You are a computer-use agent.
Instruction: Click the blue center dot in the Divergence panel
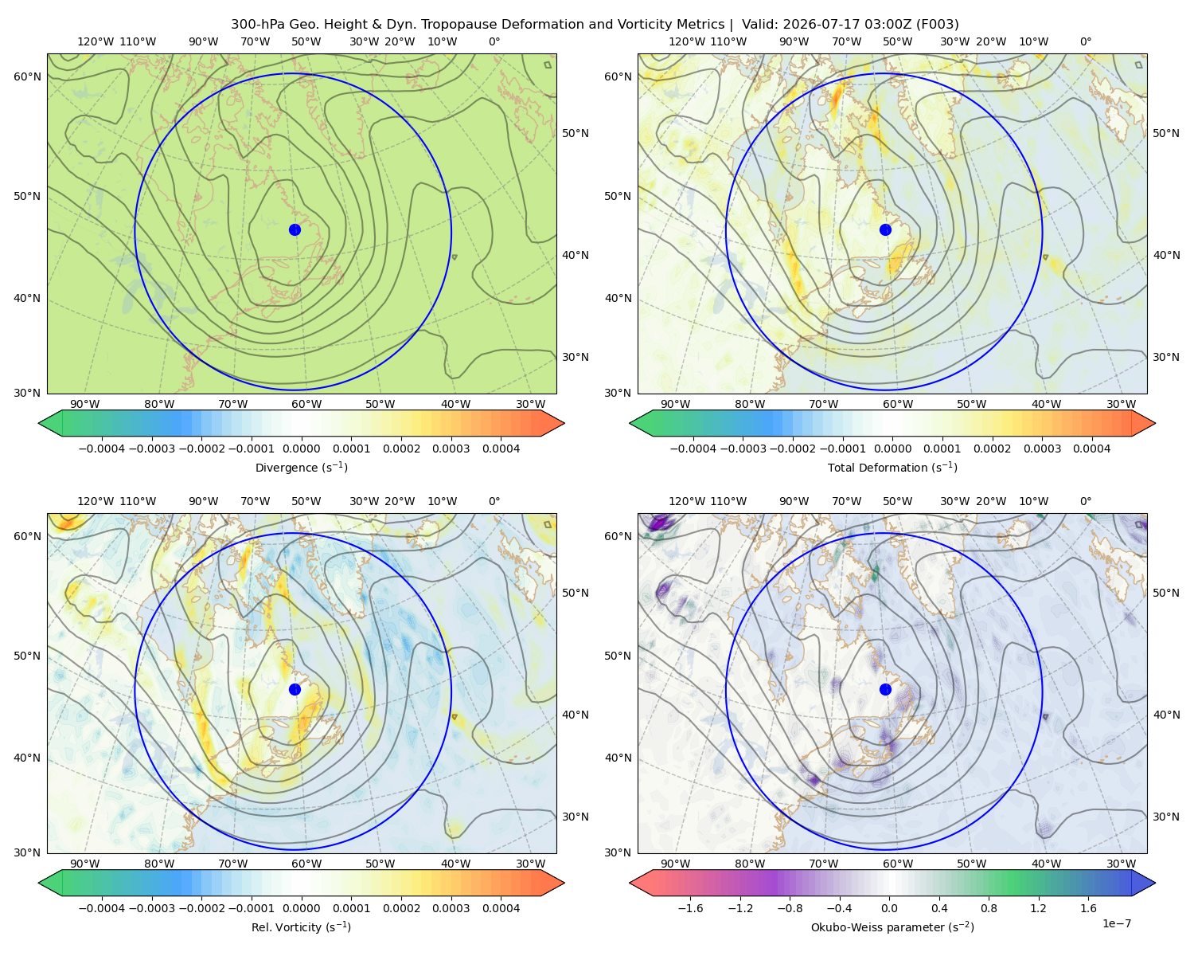[295, 229]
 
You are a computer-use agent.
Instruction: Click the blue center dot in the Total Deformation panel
[885, 229]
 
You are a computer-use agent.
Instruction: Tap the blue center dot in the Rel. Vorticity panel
[295, 689]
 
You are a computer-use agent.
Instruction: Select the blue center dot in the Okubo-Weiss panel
[885, 689]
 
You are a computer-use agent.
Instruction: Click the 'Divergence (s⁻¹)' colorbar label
[301, 467]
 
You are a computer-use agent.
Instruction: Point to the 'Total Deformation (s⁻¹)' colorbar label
[892, 467]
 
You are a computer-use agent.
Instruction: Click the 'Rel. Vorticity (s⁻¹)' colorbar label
[301, 927]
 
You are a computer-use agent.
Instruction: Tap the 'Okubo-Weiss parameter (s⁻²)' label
[892, 927]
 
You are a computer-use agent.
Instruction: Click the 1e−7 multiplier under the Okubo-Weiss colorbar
[1116, 923]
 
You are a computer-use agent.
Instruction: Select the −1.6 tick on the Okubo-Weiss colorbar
[690, 907]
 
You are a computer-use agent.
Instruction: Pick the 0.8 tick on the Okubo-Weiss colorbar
[989, 907]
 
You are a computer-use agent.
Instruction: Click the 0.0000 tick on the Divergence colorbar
[301, 449]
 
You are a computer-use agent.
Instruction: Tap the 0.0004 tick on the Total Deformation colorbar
[1092, 449]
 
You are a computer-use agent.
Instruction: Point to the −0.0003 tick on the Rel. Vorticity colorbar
[151, 907]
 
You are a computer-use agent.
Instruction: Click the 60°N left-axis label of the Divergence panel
[27, 76]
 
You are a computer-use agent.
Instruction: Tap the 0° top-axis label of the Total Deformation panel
[1085, 41]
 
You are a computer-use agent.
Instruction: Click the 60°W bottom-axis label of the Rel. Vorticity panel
[306, 864]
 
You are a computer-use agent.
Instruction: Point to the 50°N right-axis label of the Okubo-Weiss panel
[1166, 593]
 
